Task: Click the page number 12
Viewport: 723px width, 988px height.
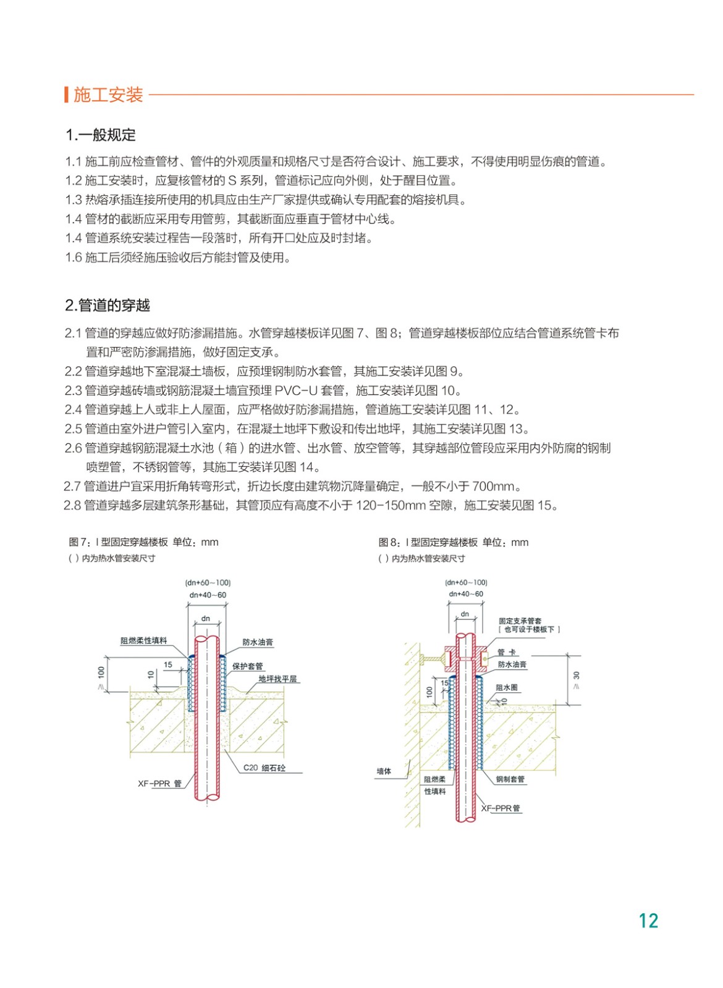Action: click(x=648, y=921)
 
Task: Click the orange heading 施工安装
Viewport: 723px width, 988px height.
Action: click(x=108, y=95)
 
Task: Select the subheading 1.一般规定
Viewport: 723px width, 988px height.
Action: click(x=101, y=135)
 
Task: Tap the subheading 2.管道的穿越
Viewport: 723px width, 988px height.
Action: click(x=108, y=305)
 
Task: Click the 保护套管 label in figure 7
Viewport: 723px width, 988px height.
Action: click(x=247, y=666)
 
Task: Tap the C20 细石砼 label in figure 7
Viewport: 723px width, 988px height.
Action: click(x=264, y=768)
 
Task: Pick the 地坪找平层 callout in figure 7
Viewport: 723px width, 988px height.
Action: click(x=277, y=679)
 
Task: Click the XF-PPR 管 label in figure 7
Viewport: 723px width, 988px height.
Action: click(x=159, y=784)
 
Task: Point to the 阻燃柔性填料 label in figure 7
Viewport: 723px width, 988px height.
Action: click(x=143, y=641)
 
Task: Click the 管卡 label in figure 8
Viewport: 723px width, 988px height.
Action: click(x=507, y=652)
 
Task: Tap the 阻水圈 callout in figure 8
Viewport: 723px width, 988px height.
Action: click(x=506, y=687)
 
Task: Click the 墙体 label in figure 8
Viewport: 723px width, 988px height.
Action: click(x=384, y=771)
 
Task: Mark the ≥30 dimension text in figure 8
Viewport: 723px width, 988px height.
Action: click(x=577, y=679)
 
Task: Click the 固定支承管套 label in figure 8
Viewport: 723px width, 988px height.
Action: click(x=520, y=621)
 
